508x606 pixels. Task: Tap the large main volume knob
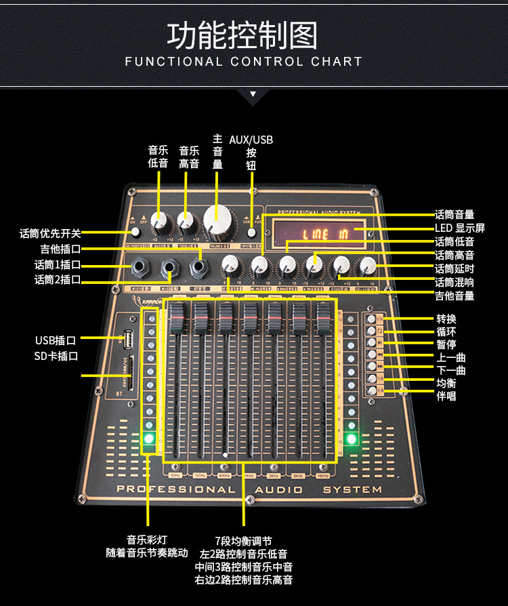(x=217, y=221)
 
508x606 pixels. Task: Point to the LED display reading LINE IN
(x=324, y=235)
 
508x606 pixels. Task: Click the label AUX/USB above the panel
(x=251, y=140)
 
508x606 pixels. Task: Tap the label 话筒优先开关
(x=50, y=234)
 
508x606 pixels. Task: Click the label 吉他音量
(x=454, y=296)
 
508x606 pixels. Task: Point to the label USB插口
(x=56, y=340)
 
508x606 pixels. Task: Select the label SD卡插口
(x=56, y=356)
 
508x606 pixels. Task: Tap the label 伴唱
(x=446, y=396)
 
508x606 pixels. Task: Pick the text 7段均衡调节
(x=243, y=541)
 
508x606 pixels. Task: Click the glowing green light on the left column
(x=149, y=439)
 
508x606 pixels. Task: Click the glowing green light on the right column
(x=351, y=439)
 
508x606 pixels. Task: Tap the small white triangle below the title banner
(x=253, y=94)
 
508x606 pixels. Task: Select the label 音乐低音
(x=158, y=157)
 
